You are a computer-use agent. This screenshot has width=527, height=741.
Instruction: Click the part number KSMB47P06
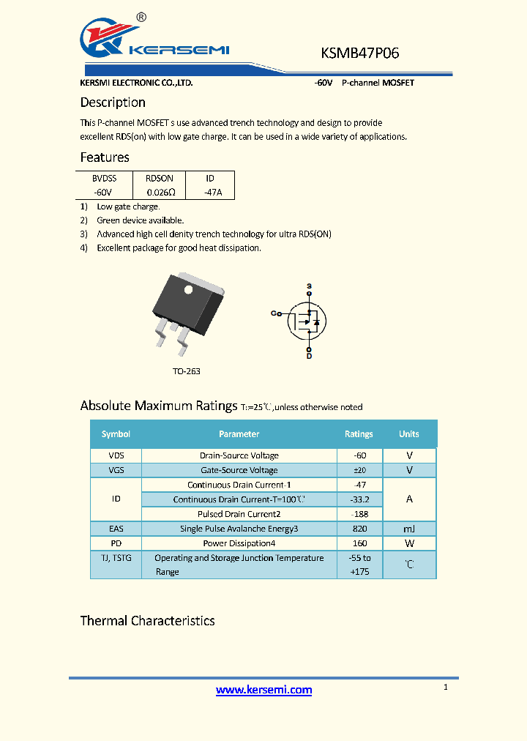tap(359, 53)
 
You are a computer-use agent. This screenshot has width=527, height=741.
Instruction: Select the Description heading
tap(113, 103)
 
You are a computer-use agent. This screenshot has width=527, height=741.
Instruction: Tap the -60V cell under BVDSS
tap(103, 192)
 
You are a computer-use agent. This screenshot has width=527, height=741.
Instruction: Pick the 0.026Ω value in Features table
tap(160, 192)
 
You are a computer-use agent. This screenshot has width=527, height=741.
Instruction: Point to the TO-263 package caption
tap(187, 371)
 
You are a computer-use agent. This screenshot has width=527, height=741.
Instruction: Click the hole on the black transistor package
tap(188, 289)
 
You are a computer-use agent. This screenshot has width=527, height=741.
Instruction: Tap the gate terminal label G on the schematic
tap(274, 313)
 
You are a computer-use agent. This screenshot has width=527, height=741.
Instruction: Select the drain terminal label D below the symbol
tap(309, 355)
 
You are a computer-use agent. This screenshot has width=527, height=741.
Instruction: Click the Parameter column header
tap(239, 434)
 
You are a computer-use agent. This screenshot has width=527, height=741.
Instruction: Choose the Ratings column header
tap(359, 434)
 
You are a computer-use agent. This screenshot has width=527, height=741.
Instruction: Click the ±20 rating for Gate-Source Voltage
tap(359, 470)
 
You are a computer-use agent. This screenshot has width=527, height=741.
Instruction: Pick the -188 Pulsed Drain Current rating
tap(359, 514)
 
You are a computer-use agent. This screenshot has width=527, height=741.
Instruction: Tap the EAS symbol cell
tap(116, 529)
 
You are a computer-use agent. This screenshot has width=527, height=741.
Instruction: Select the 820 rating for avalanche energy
tap(359, 529)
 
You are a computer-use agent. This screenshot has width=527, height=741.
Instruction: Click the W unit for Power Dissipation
tap(409, 543)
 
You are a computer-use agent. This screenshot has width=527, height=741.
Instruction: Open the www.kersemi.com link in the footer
tap(264, 690)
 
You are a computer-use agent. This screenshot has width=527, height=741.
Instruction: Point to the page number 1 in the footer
tap(445, 687)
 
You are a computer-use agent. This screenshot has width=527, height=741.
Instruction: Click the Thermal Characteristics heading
tap(147, 621)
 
